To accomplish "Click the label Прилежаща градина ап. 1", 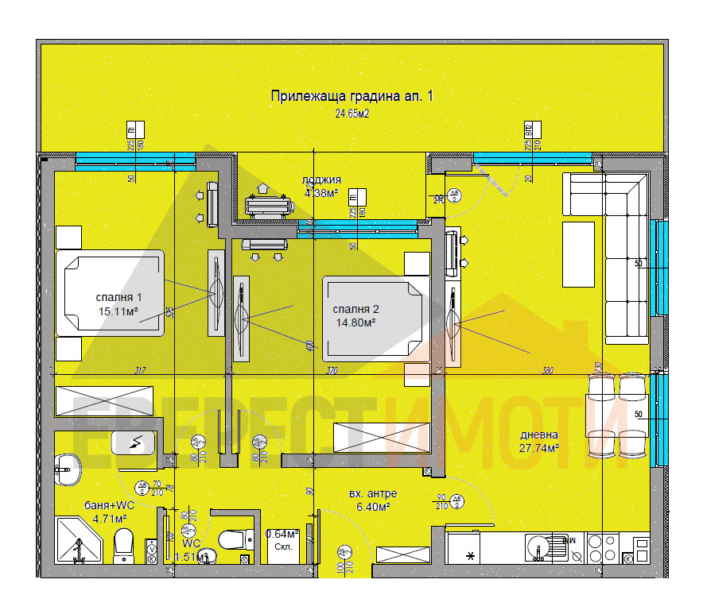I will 351,96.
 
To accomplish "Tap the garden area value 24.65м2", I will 352,114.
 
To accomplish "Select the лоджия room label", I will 322,180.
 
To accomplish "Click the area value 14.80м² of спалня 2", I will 355,322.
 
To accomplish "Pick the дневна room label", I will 539,434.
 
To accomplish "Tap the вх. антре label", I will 373,493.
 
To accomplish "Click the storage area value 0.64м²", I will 282,534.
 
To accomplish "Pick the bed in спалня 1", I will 110,292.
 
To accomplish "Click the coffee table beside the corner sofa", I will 578,254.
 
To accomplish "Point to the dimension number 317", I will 140,371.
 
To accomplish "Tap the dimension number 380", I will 547,371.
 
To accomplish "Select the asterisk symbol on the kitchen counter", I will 471,555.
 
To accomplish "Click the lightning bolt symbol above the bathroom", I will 138,441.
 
